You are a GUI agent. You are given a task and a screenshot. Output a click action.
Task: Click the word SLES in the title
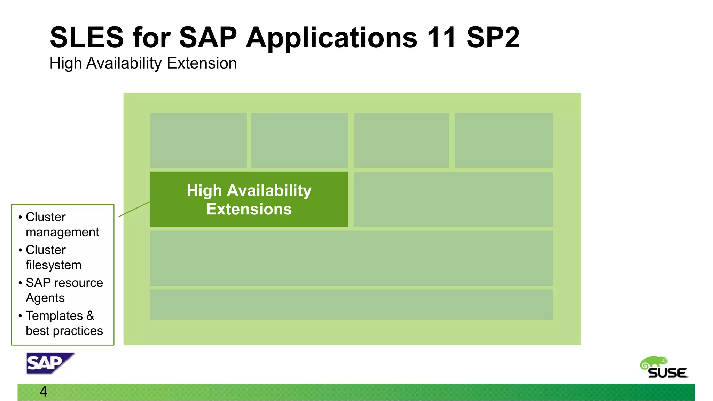point(87,37)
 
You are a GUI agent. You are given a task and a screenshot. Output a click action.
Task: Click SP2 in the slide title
point(493,37)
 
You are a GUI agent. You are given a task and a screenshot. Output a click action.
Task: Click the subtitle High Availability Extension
point(143,63)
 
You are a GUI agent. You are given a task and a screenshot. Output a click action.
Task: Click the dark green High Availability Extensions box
point(249,199)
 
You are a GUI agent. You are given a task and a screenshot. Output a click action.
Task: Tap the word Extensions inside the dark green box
point(249,209)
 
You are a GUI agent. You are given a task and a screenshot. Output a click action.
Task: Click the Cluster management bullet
point(62,225)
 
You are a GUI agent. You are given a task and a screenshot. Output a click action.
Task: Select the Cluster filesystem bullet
point(53,257)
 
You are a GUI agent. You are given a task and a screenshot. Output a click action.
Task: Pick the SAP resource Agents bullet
point(64,290)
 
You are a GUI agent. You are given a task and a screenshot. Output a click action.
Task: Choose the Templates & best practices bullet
point(64,323)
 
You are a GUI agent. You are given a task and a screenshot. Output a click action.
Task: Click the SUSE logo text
point(667,373)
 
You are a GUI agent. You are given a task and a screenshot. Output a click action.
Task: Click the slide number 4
point(44,392)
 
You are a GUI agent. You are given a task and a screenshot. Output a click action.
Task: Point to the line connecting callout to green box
point(134,209)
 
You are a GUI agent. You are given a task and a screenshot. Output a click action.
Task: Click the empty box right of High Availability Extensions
point(453,199)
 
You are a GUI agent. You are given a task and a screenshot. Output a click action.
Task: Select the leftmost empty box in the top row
point(198,140)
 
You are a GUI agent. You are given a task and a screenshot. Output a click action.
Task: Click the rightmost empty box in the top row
point(503,140)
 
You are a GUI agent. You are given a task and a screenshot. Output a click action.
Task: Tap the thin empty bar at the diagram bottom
point(351,304)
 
